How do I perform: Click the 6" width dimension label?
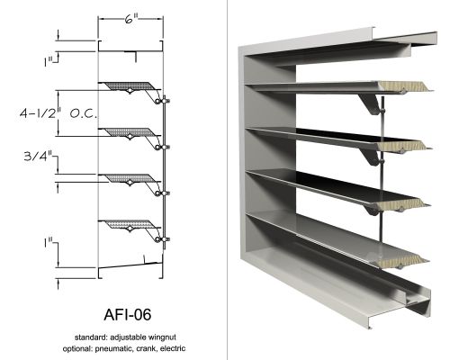point(131,20)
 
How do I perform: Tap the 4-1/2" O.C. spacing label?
point(58,113)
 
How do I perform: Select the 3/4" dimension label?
point(38,156)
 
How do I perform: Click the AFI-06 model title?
point(128,315)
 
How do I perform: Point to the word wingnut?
point(161,337)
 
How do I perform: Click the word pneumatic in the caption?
point(114,349)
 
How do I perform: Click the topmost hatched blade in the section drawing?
point(130,86)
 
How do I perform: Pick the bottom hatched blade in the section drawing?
point(130,225)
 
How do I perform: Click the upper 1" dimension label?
point(48,62)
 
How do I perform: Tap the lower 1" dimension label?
point(48,243)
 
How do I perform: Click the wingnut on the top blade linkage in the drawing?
point(165,101)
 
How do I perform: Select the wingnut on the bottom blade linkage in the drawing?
point(165,239)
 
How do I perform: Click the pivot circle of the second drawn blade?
point(130,137)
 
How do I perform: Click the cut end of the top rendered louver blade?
point(405,86)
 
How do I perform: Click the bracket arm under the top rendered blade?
point(371,103)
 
